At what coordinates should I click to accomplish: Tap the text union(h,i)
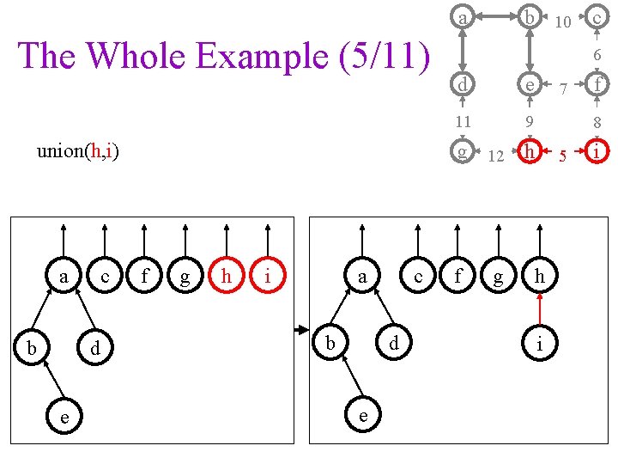78,152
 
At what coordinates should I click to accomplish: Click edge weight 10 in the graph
563,21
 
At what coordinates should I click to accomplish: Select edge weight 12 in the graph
495,156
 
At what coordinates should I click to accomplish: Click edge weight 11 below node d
463,121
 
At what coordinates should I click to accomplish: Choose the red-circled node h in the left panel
227,277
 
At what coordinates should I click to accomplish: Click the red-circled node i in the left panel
268,277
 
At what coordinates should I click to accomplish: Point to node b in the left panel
32,348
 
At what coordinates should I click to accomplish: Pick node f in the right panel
458,277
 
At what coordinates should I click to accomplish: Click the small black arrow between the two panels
301,330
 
